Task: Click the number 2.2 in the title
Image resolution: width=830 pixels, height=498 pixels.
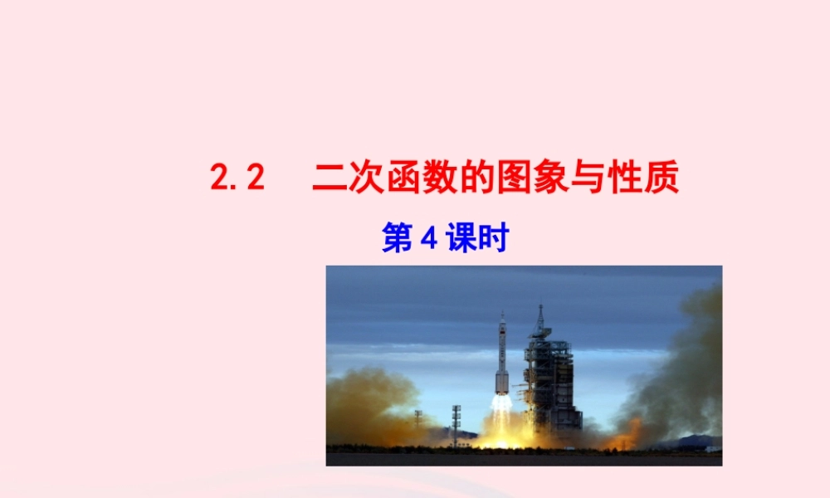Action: click(x=237, y=178)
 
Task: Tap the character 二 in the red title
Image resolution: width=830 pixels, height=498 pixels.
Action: click(x=330, y=178)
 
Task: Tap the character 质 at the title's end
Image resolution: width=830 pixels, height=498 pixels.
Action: click(x=662, y=178)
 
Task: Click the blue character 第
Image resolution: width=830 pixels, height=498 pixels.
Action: click(x=398, y=240)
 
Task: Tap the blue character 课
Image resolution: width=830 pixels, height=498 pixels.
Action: click(x=460, y=240)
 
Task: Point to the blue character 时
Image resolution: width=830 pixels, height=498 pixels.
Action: click(x=491, y=240)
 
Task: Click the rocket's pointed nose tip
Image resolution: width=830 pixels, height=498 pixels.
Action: click(x=502, y=314)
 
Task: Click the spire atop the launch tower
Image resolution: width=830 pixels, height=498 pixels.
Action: click(x=540, y=311)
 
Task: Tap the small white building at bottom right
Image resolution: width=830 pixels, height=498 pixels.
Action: click(x=712, y=449)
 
